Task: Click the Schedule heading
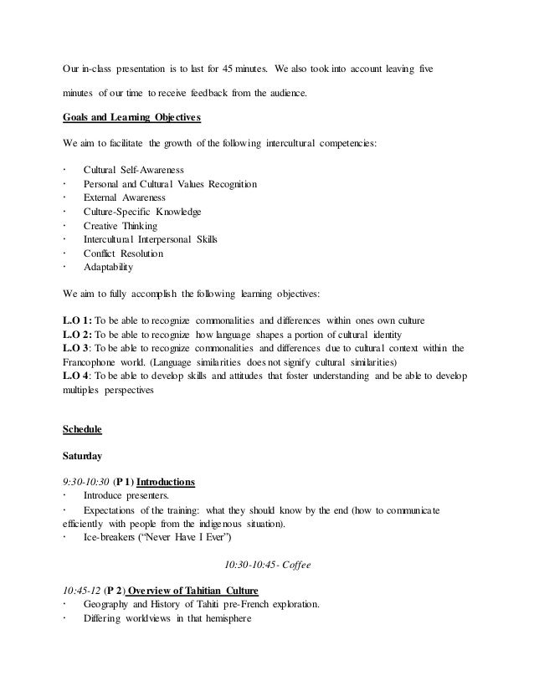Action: point(82,429)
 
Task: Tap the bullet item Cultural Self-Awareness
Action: point(133,170)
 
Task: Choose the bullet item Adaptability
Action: point(108,268)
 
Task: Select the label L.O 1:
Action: point(79,320)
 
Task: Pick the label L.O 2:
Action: point(79,335)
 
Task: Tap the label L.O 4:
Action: point(79,376)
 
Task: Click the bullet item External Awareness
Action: point(124,197)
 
